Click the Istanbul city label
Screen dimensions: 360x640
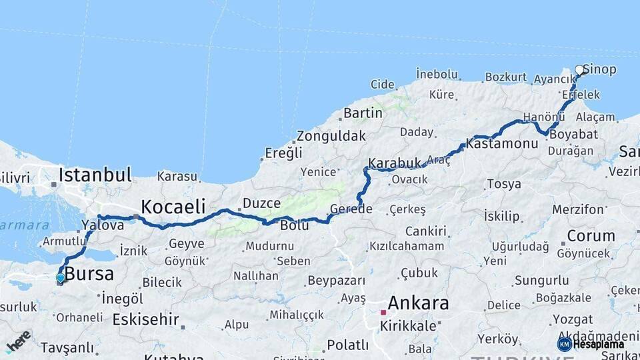pos(95,175)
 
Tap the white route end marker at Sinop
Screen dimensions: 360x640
pos(579,69)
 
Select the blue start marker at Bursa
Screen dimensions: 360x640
pos(61,277)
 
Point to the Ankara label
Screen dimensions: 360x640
pos(418,303)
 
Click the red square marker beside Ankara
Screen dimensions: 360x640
pos(383,311)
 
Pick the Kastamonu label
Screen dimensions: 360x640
pos(502,143)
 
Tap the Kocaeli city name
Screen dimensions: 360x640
pos(173,205)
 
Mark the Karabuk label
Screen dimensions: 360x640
pos(395,163)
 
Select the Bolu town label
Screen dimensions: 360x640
pos(294,225)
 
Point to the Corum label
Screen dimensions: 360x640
pos(591,235)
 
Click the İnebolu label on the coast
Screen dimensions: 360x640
pos(437,73)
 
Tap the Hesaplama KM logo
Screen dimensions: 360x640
pos(591,344)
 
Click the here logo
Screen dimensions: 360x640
pos(19,341)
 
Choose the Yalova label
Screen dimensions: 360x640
pos(102,225)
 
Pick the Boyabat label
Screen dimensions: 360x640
pos(573,133)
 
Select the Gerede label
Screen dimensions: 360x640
pos(351,209)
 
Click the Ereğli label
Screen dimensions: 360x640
pos(283,153)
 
